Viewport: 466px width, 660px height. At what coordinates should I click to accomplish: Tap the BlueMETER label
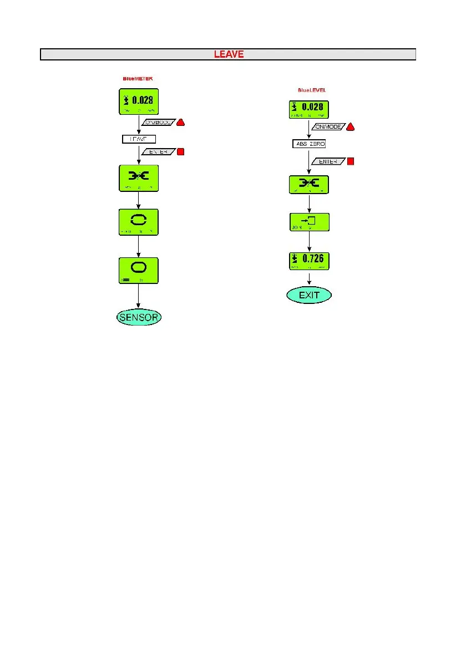(138, 79)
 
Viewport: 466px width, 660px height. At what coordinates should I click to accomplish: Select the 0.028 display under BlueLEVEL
(308, 108)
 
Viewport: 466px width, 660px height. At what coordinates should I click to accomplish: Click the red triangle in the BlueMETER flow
(180, 123)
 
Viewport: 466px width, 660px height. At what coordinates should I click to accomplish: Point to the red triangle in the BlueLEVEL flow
(350, 128)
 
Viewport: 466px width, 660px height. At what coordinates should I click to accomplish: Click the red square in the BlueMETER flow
(180, 151)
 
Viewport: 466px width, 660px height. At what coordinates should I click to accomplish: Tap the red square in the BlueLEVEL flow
(350, 161)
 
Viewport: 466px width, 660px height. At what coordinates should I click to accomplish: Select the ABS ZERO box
(309, 144)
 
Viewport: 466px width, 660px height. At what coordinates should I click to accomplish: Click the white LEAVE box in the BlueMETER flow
(139, 139)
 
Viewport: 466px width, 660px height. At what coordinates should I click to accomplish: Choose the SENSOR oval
(139, 318)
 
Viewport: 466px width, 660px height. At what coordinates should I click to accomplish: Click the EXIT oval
(309, 295)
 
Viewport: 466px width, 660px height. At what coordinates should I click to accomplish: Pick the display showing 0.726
(309, 260)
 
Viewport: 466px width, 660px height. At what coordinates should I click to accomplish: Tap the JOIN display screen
(309, 222)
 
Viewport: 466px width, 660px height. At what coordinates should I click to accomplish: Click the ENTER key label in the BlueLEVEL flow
(328, 161)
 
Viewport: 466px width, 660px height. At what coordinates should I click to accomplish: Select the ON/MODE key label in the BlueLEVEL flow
(327, 128)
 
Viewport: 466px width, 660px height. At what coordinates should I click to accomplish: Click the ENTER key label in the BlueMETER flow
(159, 151)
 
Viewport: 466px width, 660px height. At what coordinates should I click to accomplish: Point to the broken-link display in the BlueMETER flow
(139, 179)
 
